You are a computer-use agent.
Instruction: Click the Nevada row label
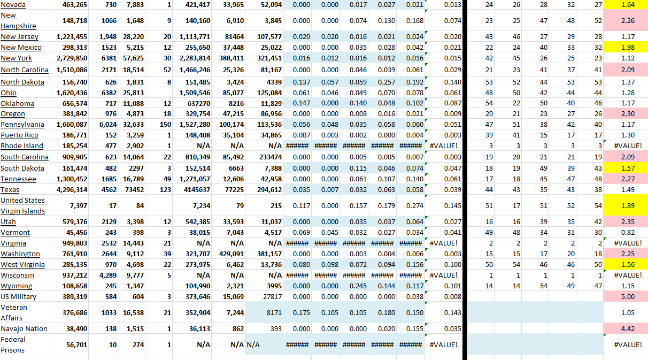point(13,5)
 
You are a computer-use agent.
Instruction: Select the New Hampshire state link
point(18,21)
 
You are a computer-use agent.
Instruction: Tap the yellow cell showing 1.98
point(625,48)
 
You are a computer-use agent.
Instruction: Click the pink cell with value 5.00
point(625,296)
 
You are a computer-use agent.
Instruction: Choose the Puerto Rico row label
point(19,135)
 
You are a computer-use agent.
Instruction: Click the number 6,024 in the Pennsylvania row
point(107,125)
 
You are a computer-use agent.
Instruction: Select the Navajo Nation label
point(24,328)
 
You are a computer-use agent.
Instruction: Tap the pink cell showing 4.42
point(625,328)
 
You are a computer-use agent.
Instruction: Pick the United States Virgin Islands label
point(23,205)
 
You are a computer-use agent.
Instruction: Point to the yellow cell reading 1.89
point(625,205)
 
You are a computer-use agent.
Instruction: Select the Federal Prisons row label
point(13,344)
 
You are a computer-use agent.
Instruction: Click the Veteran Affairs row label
point(14,312)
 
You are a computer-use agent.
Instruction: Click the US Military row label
point(18,296)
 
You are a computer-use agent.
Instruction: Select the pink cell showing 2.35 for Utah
point(625,221)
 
